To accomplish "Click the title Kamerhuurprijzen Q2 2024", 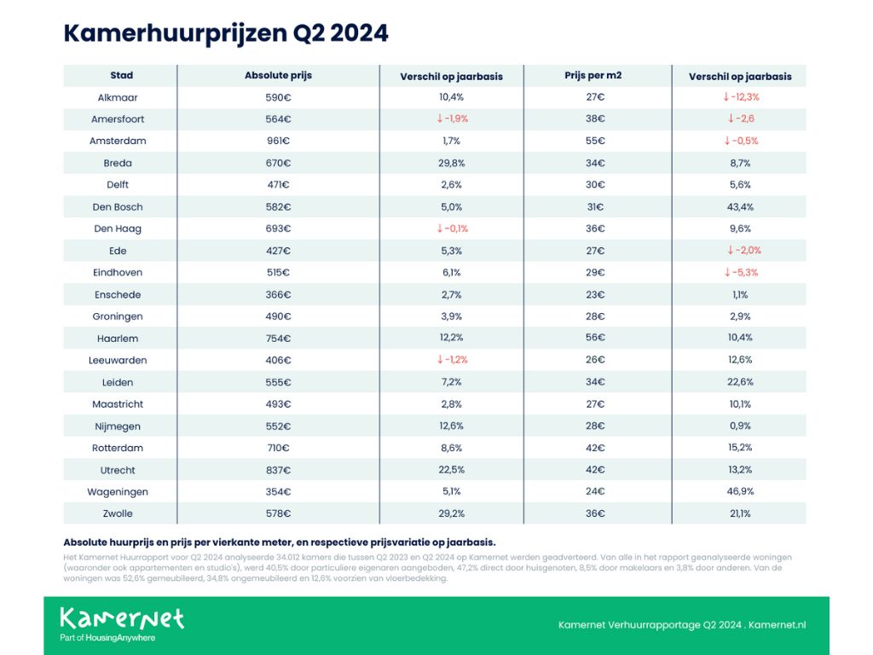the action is [225, 33].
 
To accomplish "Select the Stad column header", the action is [121, 75].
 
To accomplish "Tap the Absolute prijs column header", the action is [279, 75].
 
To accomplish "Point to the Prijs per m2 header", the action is [593, 75].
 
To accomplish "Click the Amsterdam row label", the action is [118, 141].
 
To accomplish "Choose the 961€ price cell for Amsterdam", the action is [279, 141].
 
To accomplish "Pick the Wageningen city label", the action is [118, 492].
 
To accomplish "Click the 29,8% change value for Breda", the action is [452, 163].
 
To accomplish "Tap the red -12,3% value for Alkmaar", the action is [741, 97].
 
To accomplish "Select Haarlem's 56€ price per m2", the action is [595, 338].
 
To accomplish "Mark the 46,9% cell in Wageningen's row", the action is [740, 491].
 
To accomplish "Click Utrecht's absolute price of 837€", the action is [279, 470].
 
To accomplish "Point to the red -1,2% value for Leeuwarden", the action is [452, 360].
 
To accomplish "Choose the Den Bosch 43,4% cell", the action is [740, 206].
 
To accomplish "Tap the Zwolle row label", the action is [118, 513].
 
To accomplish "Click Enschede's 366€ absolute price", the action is [279, 294].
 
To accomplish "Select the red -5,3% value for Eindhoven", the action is [741, 272].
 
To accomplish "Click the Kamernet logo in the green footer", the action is [122, 623].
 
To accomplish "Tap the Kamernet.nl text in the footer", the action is [778, 625].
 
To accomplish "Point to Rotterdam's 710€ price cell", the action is [279, 448].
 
